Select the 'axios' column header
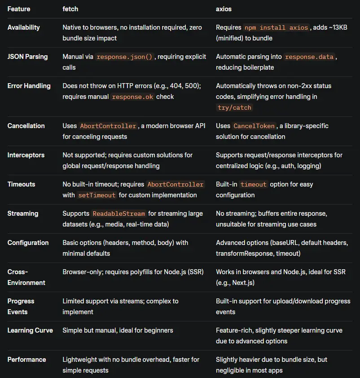tap(224, 9)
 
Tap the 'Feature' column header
tap(19, 9)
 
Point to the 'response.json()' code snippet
tap(125, 57)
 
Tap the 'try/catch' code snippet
tap(234, 107)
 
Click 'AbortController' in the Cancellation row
tap(108, 126)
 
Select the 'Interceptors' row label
tap(26, 155)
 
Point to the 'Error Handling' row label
tap(29, 86)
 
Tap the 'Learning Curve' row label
tap(30, 330)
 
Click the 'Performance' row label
tap(26, 360)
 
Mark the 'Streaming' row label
tap(23, 213)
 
